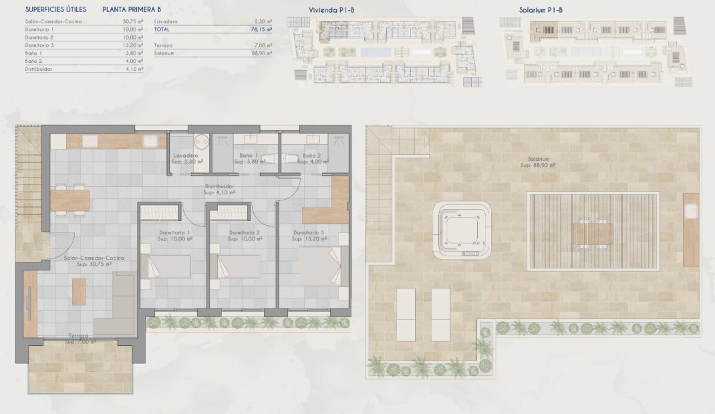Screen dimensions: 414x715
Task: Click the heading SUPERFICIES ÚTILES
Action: tap(55, 10)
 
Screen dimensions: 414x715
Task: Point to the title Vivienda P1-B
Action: tap(327, 10)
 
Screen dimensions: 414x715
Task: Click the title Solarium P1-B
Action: tap(541, 10)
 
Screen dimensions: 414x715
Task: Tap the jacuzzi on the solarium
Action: tap(462, 231)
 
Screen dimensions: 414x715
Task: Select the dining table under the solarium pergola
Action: tap(592, 234)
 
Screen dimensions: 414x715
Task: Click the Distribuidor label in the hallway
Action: tap(219, 186)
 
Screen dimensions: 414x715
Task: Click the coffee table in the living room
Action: tap(79, 290)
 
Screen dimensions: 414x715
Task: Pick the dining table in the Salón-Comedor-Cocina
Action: tap(70, 199)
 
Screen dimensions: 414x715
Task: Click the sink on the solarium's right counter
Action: tap(692, 212)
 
